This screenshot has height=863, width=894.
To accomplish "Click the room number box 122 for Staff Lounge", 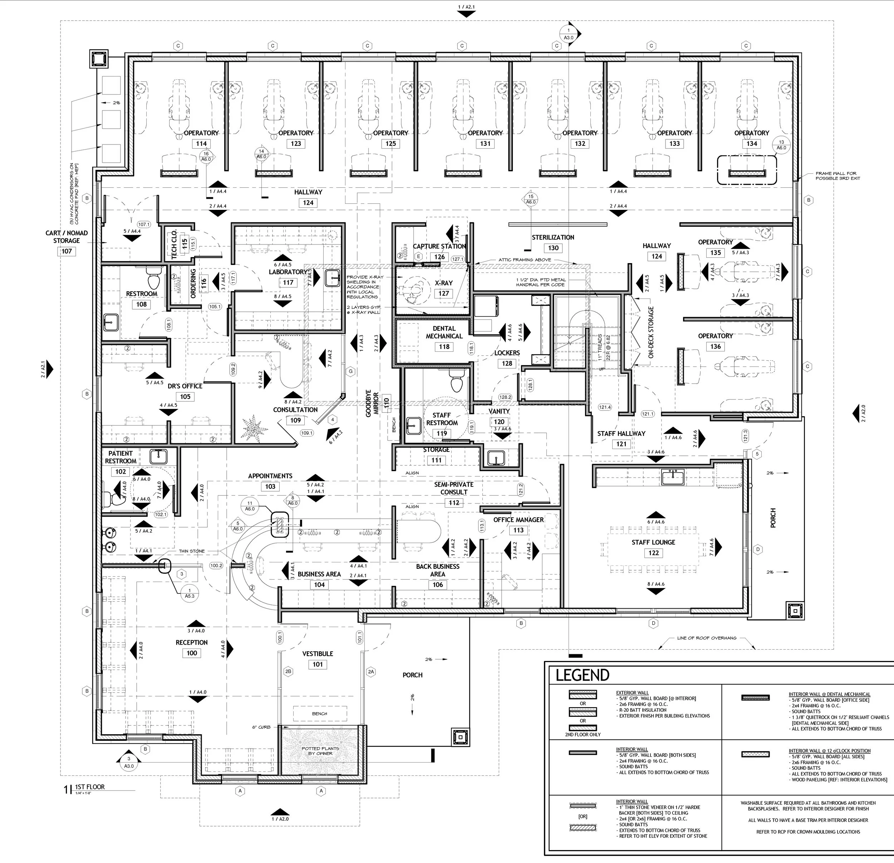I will [x=653, y=553].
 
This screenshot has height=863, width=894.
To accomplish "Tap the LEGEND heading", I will [x=582, y=675].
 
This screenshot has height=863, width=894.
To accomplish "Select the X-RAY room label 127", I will [x=443, y=294].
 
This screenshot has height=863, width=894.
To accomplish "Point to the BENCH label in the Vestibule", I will [x=319, y=714].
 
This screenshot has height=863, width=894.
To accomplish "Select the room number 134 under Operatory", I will [x=752, y=144].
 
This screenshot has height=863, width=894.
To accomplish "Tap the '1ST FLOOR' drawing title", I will [x=90, y=786].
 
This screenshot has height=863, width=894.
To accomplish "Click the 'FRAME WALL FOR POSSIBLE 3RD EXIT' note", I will [x=838, y=176].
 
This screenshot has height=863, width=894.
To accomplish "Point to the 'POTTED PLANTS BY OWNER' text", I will [x=320, y=751].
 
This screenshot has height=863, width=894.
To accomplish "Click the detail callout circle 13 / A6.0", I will [x=781, y=146].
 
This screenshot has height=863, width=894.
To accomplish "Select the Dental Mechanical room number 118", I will [x=444, y=346].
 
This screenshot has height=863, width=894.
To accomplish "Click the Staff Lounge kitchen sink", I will [x=673, y=478].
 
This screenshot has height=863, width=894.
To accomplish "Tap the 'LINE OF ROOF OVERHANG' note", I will [x=707, y=638].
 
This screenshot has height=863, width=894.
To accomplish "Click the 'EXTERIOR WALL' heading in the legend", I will [x=632, y=692].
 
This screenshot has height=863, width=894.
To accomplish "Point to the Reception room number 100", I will [x=192, y=653].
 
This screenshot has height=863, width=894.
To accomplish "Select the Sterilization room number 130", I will [x=553, y=248].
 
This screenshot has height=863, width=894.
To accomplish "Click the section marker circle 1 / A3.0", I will [x=569, y=34].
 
